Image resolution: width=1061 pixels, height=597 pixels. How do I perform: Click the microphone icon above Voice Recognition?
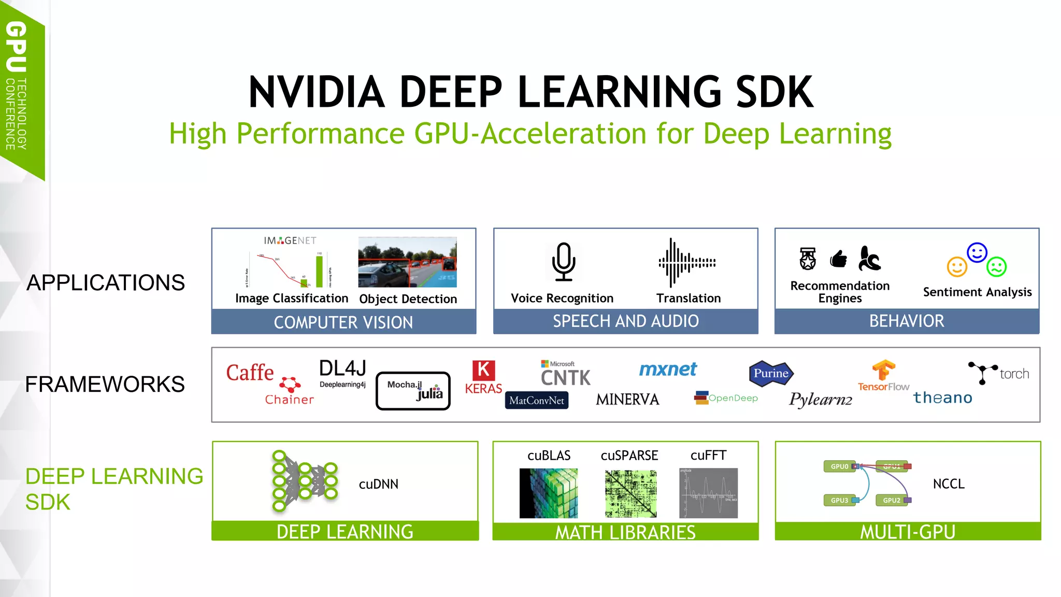tap(563, 262)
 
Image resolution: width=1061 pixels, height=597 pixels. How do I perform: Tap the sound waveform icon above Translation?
tap(686, 263)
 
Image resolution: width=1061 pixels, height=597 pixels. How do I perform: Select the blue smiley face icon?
tap(977, 253)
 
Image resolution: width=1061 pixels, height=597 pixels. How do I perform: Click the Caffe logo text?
tap(250, 373)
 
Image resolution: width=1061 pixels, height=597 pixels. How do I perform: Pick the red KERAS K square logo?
tap(483, 371)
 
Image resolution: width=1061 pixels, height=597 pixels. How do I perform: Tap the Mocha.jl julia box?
tap(413, 391)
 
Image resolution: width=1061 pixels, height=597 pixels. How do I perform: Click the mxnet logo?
tap(668, 369)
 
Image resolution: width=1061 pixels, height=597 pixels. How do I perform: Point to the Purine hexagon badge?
tap(771, 373)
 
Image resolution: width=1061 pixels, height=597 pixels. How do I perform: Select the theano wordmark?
tap(942, 397)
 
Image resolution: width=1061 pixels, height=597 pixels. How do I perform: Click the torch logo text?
tap(1014, 374)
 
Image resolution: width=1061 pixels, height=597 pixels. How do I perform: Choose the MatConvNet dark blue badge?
tap(537, 400)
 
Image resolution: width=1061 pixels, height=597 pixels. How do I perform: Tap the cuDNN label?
tap(378, 484)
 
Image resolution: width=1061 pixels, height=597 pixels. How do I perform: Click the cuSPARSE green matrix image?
tap(630, 493)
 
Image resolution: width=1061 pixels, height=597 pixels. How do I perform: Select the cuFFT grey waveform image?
tap(708, 493)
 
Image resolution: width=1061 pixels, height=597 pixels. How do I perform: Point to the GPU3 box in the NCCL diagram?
tap(839, 500)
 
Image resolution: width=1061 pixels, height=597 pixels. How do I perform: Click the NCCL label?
tap(948, 484)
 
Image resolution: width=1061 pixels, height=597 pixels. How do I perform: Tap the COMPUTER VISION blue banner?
tap(343, 322)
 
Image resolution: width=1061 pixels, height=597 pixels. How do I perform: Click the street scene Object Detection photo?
tap(407, 262)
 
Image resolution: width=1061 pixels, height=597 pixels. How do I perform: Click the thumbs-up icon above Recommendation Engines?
tap(838, 259)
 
